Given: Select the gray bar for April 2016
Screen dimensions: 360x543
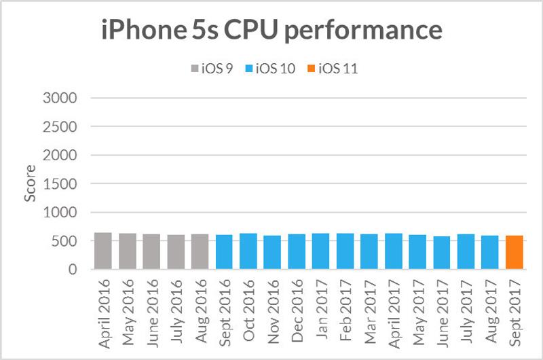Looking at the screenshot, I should coord(103,251).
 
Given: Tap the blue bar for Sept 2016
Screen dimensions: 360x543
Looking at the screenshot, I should coord(224,253).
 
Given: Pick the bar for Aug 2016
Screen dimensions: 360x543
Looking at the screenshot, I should coord(200,252).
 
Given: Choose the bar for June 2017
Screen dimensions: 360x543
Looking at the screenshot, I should coord(442,253).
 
